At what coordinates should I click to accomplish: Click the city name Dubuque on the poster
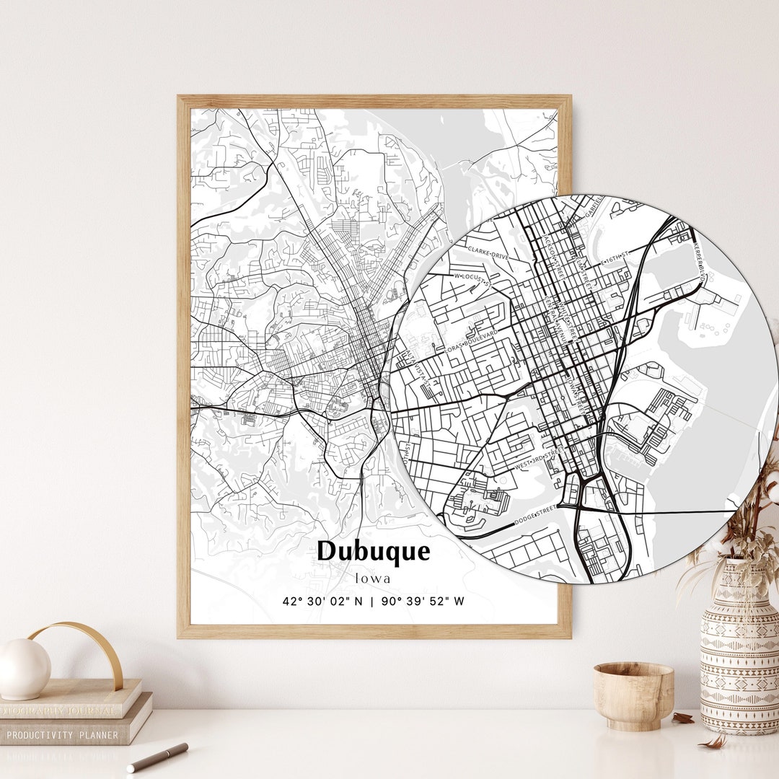pos(373,552)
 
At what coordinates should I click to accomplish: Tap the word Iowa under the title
pos(373,578)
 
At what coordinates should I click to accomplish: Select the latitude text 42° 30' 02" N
pos(322,601)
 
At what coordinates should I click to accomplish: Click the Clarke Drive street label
pos(488,253)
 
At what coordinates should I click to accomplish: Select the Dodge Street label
pos(536,514)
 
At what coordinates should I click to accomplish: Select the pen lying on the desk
pos(157,757)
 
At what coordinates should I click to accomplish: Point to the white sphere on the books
pos(23,669)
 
